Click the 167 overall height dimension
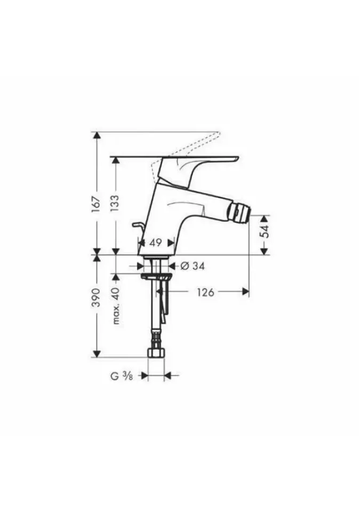[x=95, y=205]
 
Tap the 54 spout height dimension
[x=266, y=231]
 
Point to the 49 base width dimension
[x=156, y=243]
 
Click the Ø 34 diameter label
[x=193, y=266]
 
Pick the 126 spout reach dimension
[x=205, y=292]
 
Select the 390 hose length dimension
[x=95, y=297]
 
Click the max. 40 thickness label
[x=116, y=306]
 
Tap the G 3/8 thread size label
[x=122, y=376]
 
